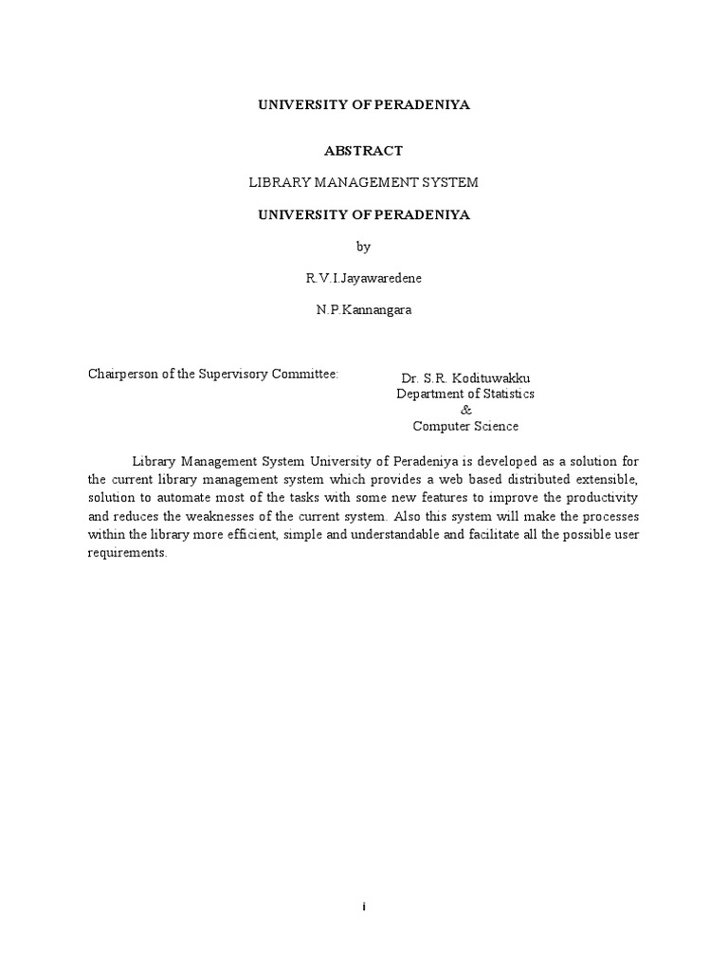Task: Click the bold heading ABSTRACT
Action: pyautogui.click(x=364, y=151)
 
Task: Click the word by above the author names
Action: pyautogui.click(x=364, y=247)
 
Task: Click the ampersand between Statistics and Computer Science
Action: pyautogui.click(x=464, y=410)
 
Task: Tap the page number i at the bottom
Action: pyautogui.click(x=364, y=907)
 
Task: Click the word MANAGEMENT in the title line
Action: pyautogui.click(x=370, y=182)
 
